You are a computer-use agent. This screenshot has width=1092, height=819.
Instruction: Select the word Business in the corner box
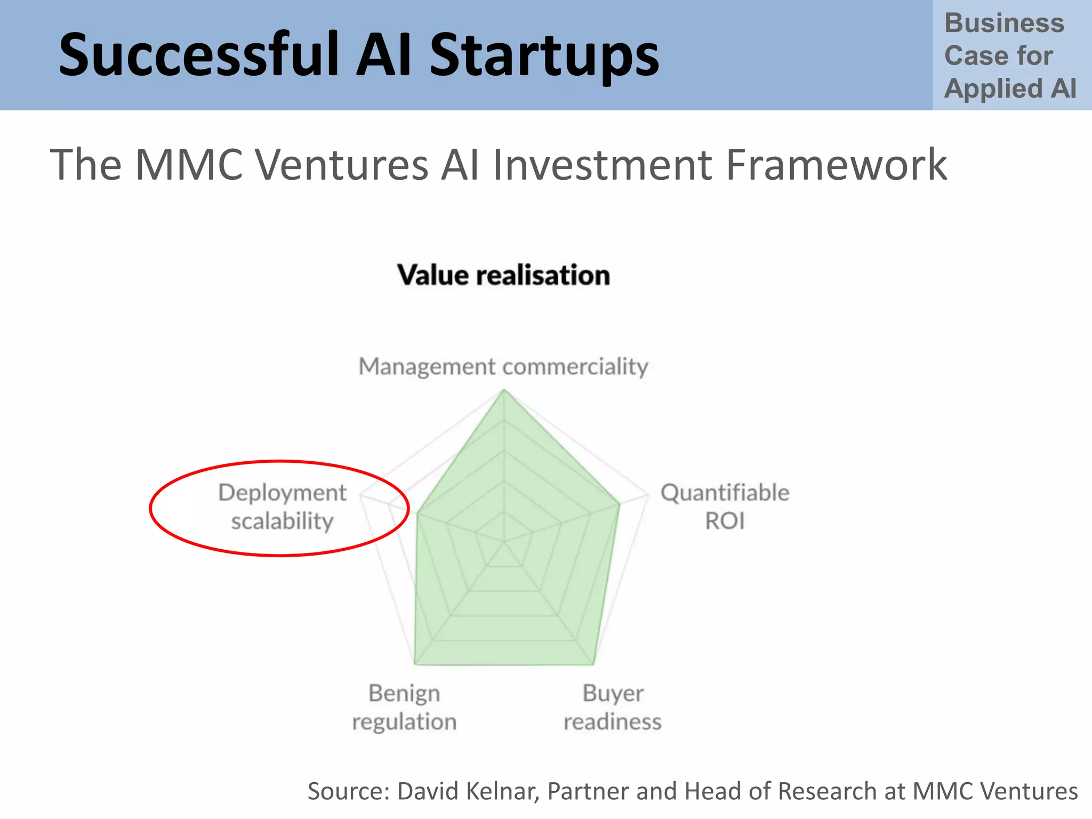click(x=1004, y=23)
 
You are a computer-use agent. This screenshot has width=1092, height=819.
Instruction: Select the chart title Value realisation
click(x=503, y=276)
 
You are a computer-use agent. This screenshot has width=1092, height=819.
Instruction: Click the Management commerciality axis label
click(x=503, y=367)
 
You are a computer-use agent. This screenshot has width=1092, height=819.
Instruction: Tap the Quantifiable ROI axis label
click(x=725, y=507)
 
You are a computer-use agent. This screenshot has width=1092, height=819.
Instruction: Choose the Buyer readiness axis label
click(x=613, y=708)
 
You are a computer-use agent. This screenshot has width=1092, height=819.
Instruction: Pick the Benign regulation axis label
click(x=404, y=708)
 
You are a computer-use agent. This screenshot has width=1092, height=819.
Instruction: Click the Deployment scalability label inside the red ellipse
click(x=282, y=507)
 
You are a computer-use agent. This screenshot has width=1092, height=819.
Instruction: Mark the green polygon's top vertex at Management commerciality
click(x=504, y=390)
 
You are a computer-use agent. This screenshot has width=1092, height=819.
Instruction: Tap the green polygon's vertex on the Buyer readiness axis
click(x=593, y=664)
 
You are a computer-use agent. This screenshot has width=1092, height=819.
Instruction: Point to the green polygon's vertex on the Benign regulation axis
click(x=415, y=664)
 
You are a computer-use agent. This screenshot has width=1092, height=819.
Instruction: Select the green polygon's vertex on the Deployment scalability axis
click(x=417, y=514)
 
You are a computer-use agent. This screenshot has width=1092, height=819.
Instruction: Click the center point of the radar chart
click(x=504, y=542)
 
